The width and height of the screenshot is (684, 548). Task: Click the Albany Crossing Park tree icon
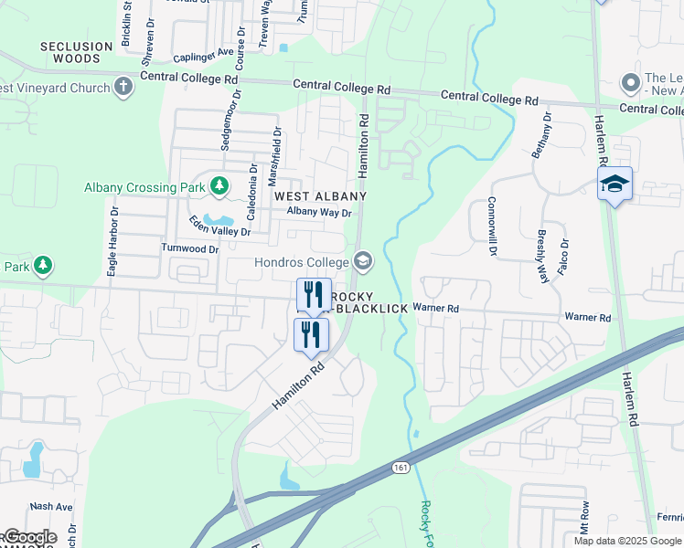(219, 187)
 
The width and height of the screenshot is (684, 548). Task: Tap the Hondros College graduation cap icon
(363, 262)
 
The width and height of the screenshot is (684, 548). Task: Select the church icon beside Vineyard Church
(123, 87)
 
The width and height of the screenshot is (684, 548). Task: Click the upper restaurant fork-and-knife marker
(314, 294)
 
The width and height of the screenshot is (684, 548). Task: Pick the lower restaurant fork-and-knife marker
(311, 333)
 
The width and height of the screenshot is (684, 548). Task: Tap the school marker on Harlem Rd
(615, 184)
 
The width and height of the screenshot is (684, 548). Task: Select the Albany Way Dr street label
(319, 213)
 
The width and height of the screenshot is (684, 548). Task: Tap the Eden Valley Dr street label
(219, 227)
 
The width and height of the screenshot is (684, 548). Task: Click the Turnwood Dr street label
(190, 248)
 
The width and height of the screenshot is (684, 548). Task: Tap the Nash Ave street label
(51, 506)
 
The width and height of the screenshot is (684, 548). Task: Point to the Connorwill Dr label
(491, 226)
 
